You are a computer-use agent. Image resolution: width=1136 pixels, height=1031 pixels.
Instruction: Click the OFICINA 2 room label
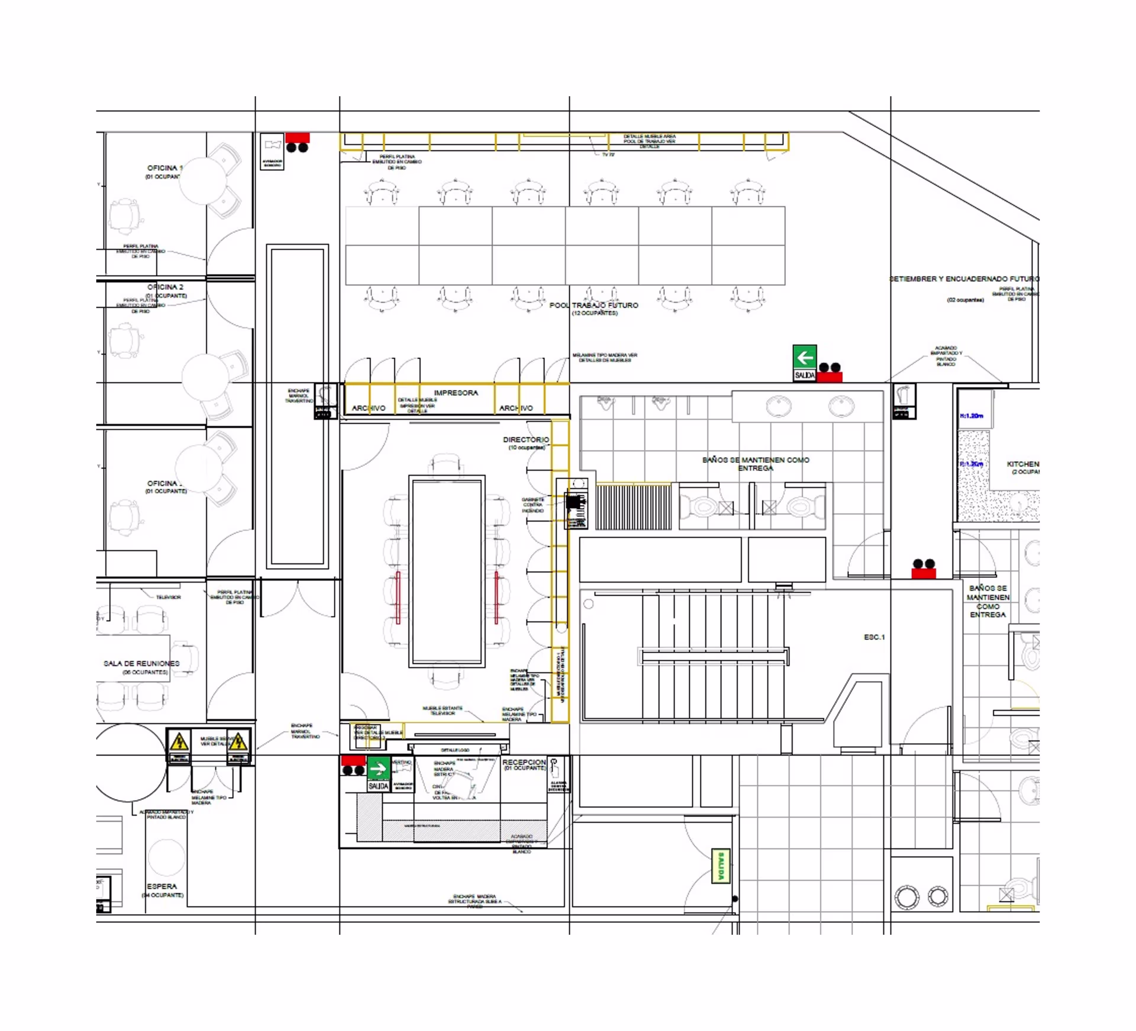pyautogui.click(x=165, y=287)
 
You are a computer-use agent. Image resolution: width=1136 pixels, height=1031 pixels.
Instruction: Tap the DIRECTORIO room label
pyautogui.click(x=526, y=439)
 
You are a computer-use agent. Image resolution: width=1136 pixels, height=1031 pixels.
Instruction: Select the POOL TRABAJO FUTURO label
pyautogui.click(x=594, y=305)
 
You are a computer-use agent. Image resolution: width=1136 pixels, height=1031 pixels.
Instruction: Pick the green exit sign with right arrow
pyautogui.click(x=377, y=769)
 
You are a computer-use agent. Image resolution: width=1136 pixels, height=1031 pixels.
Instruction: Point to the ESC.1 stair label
pyautogui.click(x=874, y=637)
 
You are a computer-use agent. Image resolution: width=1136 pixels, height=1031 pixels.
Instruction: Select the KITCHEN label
pyautogui.click(x=1023, y=464)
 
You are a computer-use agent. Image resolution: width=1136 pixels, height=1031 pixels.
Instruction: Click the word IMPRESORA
pyautogui.click(x=456, y=393)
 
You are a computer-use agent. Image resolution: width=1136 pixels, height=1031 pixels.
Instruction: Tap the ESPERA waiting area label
pyautogui.click(x=162, y=886)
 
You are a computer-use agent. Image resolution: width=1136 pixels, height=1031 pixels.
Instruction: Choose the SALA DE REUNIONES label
pyautogui.click(x=141, y=664)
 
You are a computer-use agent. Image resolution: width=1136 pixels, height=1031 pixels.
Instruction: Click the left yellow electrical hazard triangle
pyautogui.click(x=179, y=741)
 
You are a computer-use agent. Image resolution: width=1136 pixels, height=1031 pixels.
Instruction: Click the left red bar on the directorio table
pyautogui.click(x=398, y=598)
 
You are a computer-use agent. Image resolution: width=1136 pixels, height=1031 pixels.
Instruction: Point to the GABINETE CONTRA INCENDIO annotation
pyautogui.click(x=532, y=505)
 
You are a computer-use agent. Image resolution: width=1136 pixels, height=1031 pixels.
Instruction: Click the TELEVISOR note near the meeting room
pyautogui.click(x=169, y=597)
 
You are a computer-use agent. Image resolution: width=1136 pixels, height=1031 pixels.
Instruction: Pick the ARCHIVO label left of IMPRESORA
pyautogui.click(x=369, y=408)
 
